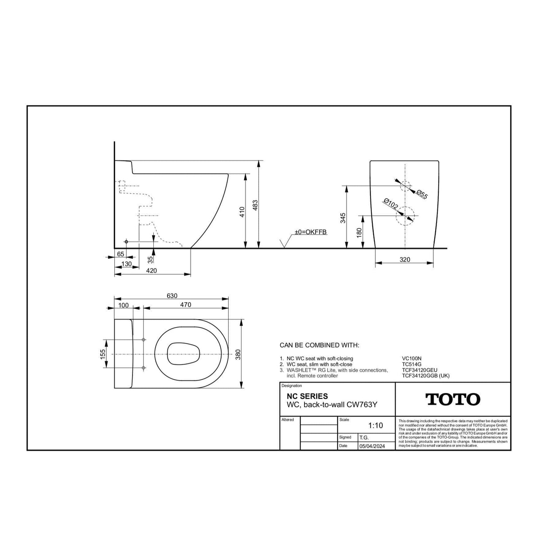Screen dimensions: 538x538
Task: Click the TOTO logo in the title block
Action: point(452,399)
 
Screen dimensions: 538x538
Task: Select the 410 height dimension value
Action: point(242,213)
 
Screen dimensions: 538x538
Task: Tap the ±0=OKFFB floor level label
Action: point(311,232)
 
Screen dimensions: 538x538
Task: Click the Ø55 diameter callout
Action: point(422,194)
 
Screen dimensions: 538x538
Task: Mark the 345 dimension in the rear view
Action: point(343,218)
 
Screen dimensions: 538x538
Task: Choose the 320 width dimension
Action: point(405,260)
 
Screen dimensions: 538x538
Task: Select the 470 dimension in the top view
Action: point(186,305)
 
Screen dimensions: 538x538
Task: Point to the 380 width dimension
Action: point(238,354)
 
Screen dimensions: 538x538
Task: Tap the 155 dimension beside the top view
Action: point(102,354)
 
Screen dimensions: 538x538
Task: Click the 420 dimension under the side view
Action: point(152,270)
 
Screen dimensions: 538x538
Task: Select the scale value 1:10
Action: point(375,426)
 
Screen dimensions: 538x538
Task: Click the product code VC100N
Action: point(412,359)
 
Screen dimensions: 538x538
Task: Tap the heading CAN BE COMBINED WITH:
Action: point(319,345)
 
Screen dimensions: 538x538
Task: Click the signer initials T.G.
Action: point(364,437)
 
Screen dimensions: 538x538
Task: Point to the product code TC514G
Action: point(411,364)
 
